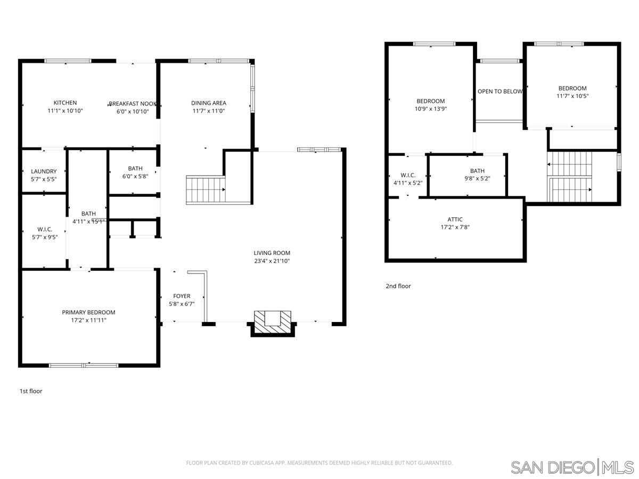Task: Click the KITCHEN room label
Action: tap(65, 103)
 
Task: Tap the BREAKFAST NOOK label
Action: tap(132, 104)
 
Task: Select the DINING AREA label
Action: tap(209, 103)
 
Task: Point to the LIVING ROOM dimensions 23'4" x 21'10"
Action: tap(272, 261)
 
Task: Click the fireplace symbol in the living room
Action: tap(273, 323)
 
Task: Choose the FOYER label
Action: tap(182, 296)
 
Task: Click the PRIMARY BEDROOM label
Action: tap(88, 312)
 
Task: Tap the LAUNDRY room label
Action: tap(44, 171)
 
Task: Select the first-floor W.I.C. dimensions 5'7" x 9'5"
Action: tap(44, 237)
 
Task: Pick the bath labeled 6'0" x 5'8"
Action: tap(135, 172)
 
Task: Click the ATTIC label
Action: tap(455, 219)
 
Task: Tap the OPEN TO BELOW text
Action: tap(500, 92)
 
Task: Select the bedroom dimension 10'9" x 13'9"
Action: tap(430, 109)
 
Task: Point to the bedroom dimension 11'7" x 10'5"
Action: tap(572, 96)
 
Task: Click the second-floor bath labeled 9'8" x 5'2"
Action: tap(477, 175)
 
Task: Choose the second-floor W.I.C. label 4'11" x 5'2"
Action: tap(407, 179)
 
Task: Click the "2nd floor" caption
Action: tap(398, 286)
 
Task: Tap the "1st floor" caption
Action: tap(31, 391)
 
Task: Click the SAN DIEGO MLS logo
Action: tap(572, 467)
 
